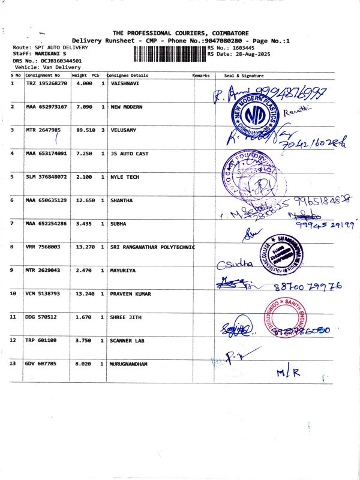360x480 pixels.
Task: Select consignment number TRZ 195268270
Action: click(47, 83)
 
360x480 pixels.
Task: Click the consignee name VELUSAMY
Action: click(124, 130)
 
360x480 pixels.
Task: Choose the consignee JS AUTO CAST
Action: click(130, 154)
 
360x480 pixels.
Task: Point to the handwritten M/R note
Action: click(288, 373)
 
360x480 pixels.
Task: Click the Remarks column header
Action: click(201, 76)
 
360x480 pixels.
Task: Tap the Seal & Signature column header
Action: click(244, 76)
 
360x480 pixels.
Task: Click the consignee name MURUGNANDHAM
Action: click(129, 364)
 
